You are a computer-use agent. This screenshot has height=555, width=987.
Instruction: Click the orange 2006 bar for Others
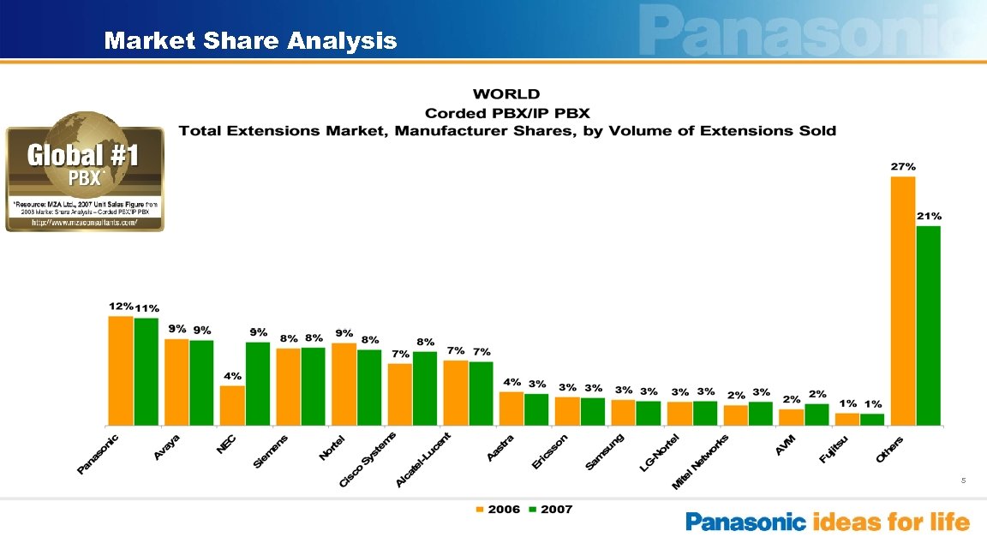pos(903,301)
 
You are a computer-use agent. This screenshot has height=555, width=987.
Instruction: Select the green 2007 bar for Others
pos(928,325)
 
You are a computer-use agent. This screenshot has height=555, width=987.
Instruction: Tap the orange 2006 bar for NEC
pos(232,405)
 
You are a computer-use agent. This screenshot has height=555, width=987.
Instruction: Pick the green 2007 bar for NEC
pos(258,384)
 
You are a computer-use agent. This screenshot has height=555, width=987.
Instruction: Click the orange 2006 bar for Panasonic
pos(121,371)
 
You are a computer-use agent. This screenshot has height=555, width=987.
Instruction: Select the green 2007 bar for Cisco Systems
pos(425,388)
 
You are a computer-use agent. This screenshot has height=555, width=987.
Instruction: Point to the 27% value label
pos(903,167)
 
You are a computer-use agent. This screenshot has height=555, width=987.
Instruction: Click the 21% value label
pos(930,217)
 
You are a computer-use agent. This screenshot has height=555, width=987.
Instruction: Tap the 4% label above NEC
pos(233,376)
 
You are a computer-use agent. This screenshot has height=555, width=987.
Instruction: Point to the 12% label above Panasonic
pos(120,306)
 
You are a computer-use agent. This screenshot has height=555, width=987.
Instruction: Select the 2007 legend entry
pos(549,510)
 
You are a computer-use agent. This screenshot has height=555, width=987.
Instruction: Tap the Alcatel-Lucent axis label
pos(428,461)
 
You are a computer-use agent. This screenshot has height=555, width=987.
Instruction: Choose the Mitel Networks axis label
pos(700,462)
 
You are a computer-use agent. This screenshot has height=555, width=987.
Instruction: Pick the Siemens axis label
pos(271,451)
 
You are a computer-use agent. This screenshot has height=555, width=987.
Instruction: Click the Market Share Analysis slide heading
pos(250,40)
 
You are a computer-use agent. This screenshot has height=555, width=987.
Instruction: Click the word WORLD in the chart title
pos(506,94)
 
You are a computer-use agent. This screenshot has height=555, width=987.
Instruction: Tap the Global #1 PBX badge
pos(85,172)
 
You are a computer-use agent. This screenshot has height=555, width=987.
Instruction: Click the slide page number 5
pos(963,481)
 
